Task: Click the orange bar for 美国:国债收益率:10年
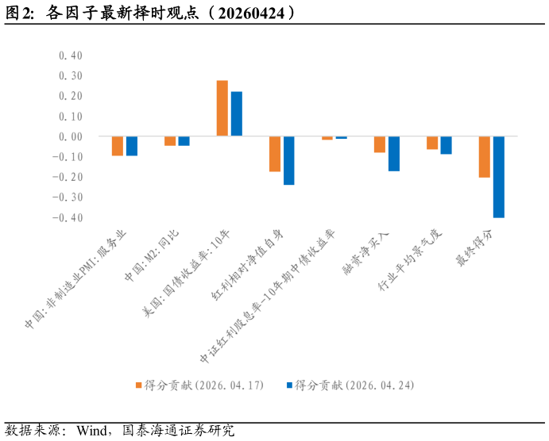(x=222, y=109)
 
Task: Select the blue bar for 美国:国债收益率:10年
(x=236, y=114)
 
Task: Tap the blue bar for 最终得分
(x=499, y=177)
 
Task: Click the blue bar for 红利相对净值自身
(x=288, y=161)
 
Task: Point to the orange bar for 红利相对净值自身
(x=275, y=154)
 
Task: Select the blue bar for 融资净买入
(x=394, y=154)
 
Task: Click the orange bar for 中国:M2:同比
(x=170, y=141)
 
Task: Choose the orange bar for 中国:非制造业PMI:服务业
(x=118, y=146)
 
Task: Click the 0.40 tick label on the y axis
(x=71, y=56)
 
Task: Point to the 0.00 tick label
(x=71, y=136)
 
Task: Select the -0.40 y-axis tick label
(x=68, y=217)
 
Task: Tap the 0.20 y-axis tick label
(x=71, y=96)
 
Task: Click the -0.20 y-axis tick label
(x=68, y=177)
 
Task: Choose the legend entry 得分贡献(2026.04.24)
(x=354, y=385)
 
